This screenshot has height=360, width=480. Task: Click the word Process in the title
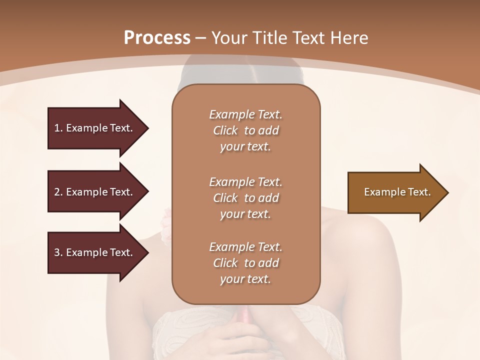coord(157,37)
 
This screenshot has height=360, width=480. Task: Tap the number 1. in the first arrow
coord(58,128)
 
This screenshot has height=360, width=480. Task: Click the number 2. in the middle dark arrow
coord(58,192)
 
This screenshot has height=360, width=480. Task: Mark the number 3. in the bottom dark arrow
coord(58,252)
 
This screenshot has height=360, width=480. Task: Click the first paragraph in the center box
coord(245,130)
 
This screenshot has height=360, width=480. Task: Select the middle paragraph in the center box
coord(245,198)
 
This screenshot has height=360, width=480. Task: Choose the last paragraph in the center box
coord(245,263)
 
